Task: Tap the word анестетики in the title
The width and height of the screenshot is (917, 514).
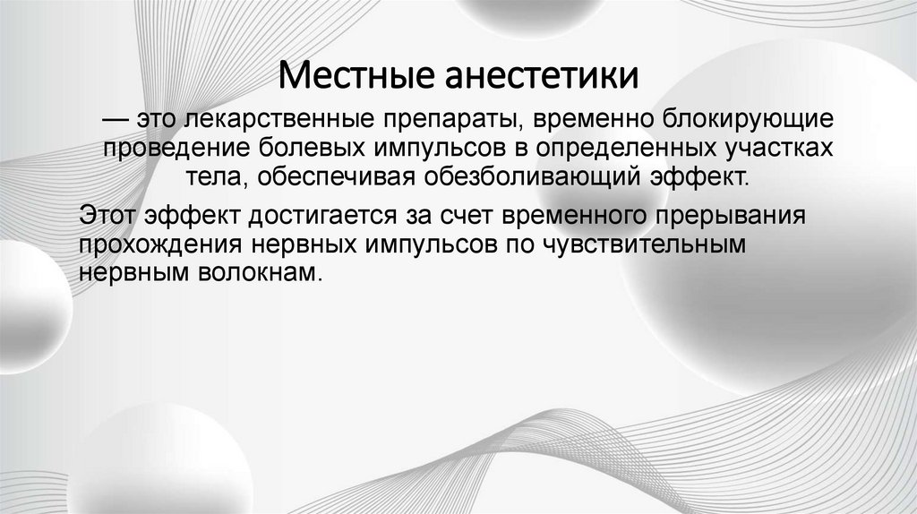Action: pos(542,74)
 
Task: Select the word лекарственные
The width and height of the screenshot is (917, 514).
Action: pos(274,119)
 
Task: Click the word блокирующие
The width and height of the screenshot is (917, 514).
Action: pos(735,119)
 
